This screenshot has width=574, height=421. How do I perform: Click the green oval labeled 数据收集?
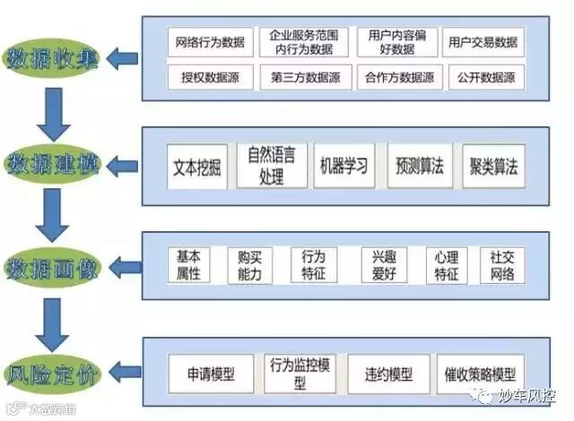click(53, 59)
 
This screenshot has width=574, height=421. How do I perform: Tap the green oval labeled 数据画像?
click(53, 267)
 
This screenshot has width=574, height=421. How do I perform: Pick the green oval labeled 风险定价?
click(53, 370)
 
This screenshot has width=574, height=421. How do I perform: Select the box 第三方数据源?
click(300, 77)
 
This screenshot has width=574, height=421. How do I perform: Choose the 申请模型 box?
click(211, 374)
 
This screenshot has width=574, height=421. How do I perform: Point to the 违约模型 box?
click(387, 374)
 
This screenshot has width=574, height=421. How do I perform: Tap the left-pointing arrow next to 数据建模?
click(123, 165)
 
